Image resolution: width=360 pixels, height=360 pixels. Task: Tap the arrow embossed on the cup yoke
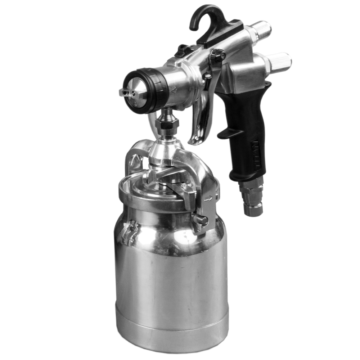coord(208,198)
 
